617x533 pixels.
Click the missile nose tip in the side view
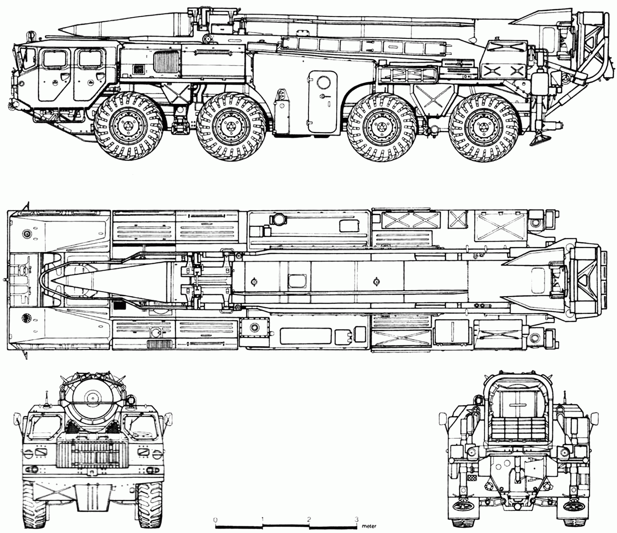(59, 29)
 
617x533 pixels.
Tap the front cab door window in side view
(54, 58)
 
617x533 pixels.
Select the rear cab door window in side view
(90, 58)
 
